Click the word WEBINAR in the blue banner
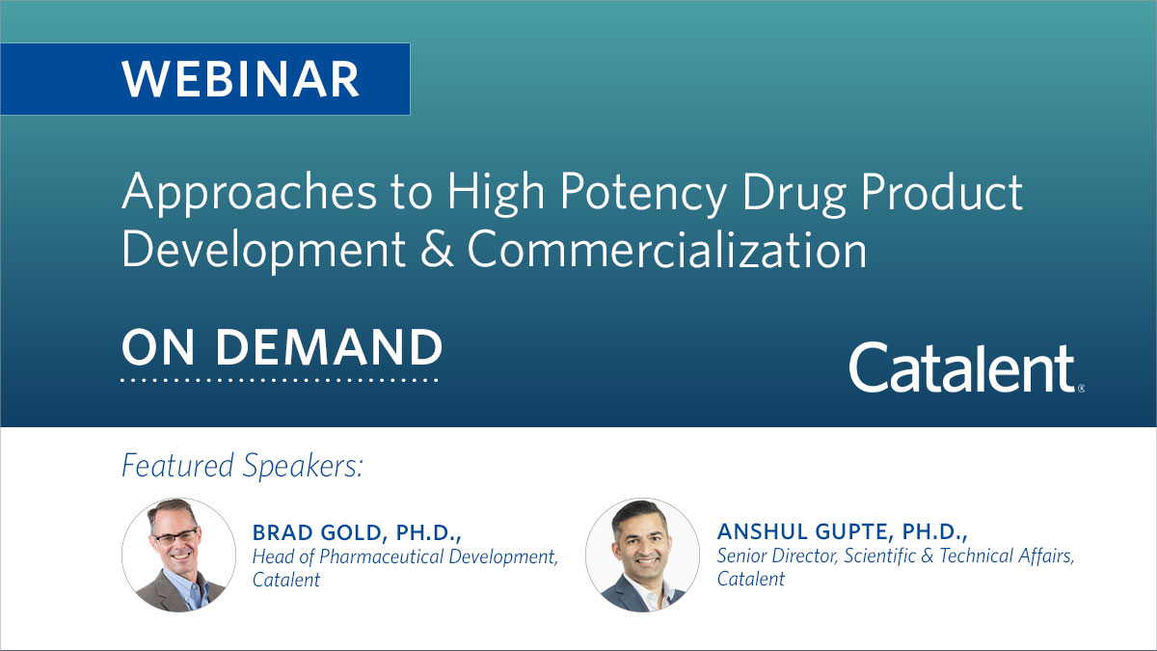click(241, 79)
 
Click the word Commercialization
click(666, 249)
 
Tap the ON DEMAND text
click(282, 347)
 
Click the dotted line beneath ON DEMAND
click(280, 380)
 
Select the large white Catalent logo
click(962, 367)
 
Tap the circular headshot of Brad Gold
click(178, 555)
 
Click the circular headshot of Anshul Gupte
click(642, 555)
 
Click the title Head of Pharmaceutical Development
click(405, 556)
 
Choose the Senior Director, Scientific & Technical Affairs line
click(896, 556)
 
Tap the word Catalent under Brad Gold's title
click(286, 580)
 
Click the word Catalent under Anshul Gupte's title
click(751, 579)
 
